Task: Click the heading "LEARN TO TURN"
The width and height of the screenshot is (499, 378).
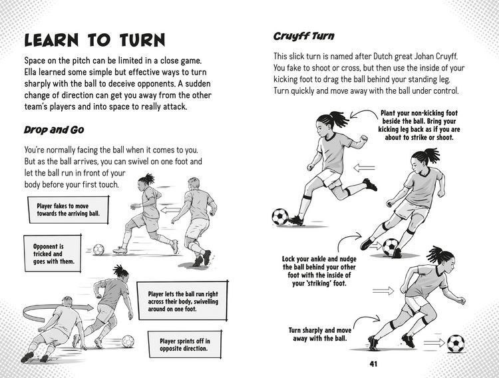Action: [95, 41]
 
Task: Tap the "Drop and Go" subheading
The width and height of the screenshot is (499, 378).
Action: [54, 130]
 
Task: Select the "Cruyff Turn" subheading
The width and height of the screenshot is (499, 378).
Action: [304, 36]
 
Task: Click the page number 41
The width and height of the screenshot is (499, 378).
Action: [374, 363]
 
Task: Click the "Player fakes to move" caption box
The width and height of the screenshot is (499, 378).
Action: [69, 210]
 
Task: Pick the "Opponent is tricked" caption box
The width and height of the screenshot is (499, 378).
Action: [53, 254]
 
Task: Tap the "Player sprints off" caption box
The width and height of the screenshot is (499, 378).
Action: [184, 345]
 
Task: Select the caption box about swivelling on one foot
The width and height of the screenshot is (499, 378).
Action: [183, 301]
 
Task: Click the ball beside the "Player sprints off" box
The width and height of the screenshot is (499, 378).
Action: [128, 341]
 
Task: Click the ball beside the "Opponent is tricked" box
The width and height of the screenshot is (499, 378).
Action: [98, 250]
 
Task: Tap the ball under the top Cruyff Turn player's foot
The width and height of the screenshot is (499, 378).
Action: [280, 216]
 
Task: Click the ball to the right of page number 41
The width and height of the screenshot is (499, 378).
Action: [456, 343]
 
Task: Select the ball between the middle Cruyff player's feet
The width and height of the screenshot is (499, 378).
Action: [390, 247]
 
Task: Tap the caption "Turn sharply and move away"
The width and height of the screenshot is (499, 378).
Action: [320, 334]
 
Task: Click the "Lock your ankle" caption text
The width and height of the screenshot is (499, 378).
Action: [319, 271]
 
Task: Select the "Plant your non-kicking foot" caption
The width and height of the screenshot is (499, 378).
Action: [418, 125]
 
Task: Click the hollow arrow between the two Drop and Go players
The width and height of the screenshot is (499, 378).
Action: [170, 210]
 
